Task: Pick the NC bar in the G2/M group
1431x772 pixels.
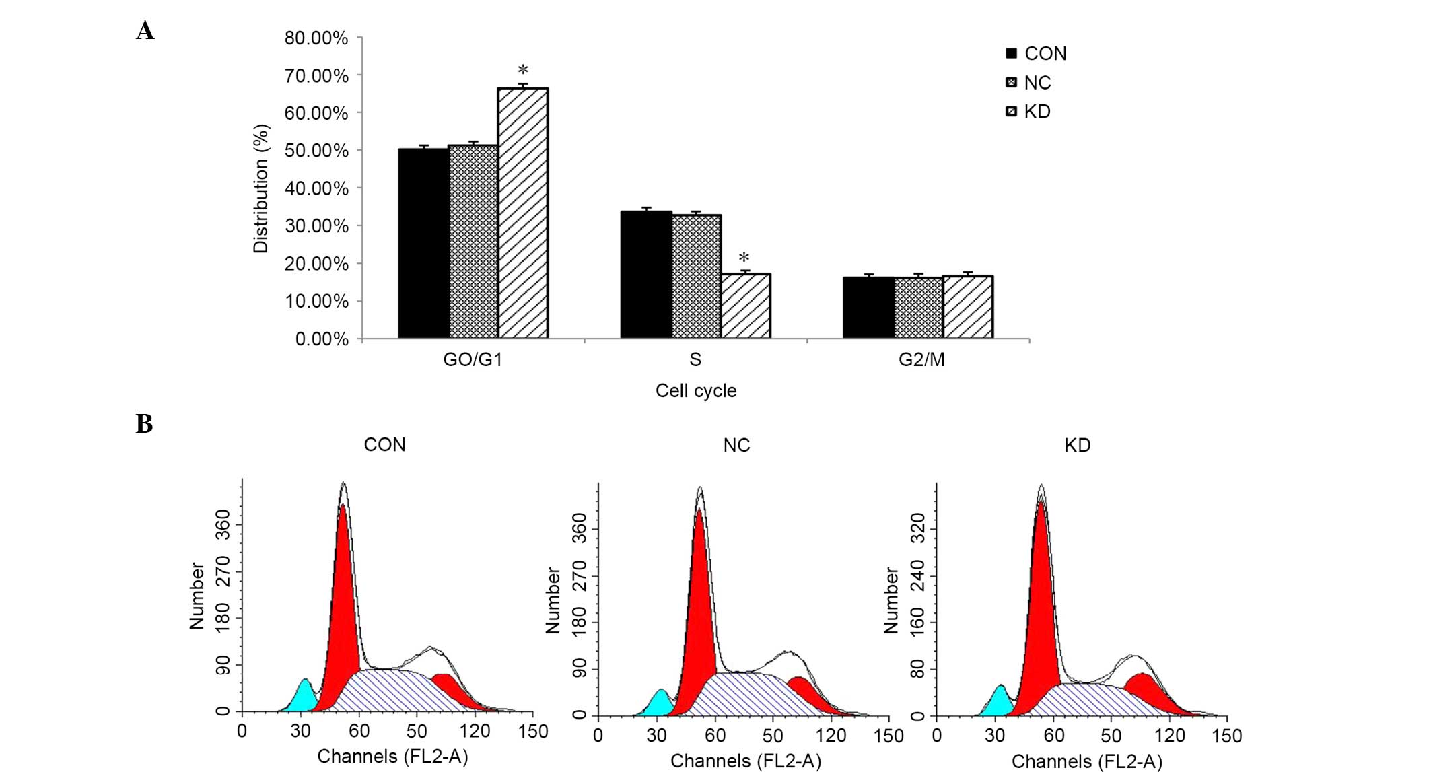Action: coord(918,308)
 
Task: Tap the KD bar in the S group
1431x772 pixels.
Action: coord(745,306)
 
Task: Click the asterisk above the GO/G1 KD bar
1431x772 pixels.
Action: coord(523,71)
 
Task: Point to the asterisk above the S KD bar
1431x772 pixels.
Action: coord(744,258)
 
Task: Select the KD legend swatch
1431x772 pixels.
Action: coord(1011,112)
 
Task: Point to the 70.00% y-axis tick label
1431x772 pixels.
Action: coord(316,76)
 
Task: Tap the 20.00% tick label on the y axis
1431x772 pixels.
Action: coord(316,264)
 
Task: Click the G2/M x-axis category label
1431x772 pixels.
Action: coord(921,360)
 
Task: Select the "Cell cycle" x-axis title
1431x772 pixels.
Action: coord(695,391)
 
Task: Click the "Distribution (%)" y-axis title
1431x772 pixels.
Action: coord(260,188)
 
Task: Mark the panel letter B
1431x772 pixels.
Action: coord(144,424)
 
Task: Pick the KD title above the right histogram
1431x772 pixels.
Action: coord(1077,446)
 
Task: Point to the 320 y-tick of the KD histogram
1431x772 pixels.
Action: coord(917,529)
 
